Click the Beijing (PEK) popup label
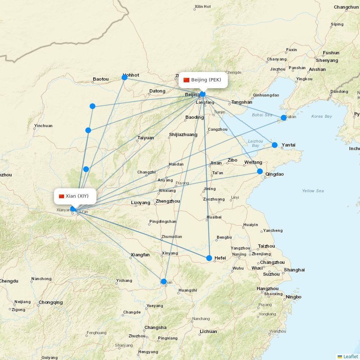click(203, 80)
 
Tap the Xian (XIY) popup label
click(74, 196)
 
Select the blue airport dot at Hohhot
click(125, 77)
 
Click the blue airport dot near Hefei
click(209, 258)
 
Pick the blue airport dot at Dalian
click(284, 118)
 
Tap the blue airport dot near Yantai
click(275, 145)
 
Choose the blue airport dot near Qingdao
click(260, 171)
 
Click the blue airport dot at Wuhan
click(164, 282)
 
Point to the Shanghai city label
click(294, 270)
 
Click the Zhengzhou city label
click(168, 201)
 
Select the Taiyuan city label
click(145, 138)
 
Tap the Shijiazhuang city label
click(183, 135)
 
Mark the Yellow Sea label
click(313, 191)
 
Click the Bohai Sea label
click(262, 115)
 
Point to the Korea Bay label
click(321, 116)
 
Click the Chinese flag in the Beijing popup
click(186, 80)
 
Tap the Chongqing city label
click(50, 302)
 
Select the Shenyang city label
click(327, 60)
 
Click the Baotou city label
click(100, 79)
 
